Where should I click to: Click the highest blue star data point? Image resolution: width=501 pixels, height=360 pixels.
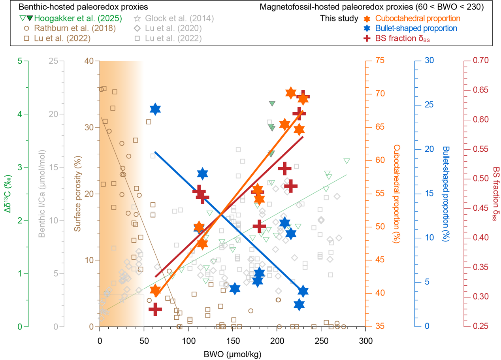[155, 109]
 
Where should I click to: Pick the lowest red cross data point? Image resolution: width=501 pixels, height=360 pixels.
[155, 309]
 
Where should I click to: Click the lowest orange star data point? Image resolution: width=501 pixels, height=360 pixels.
[155, 290]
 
